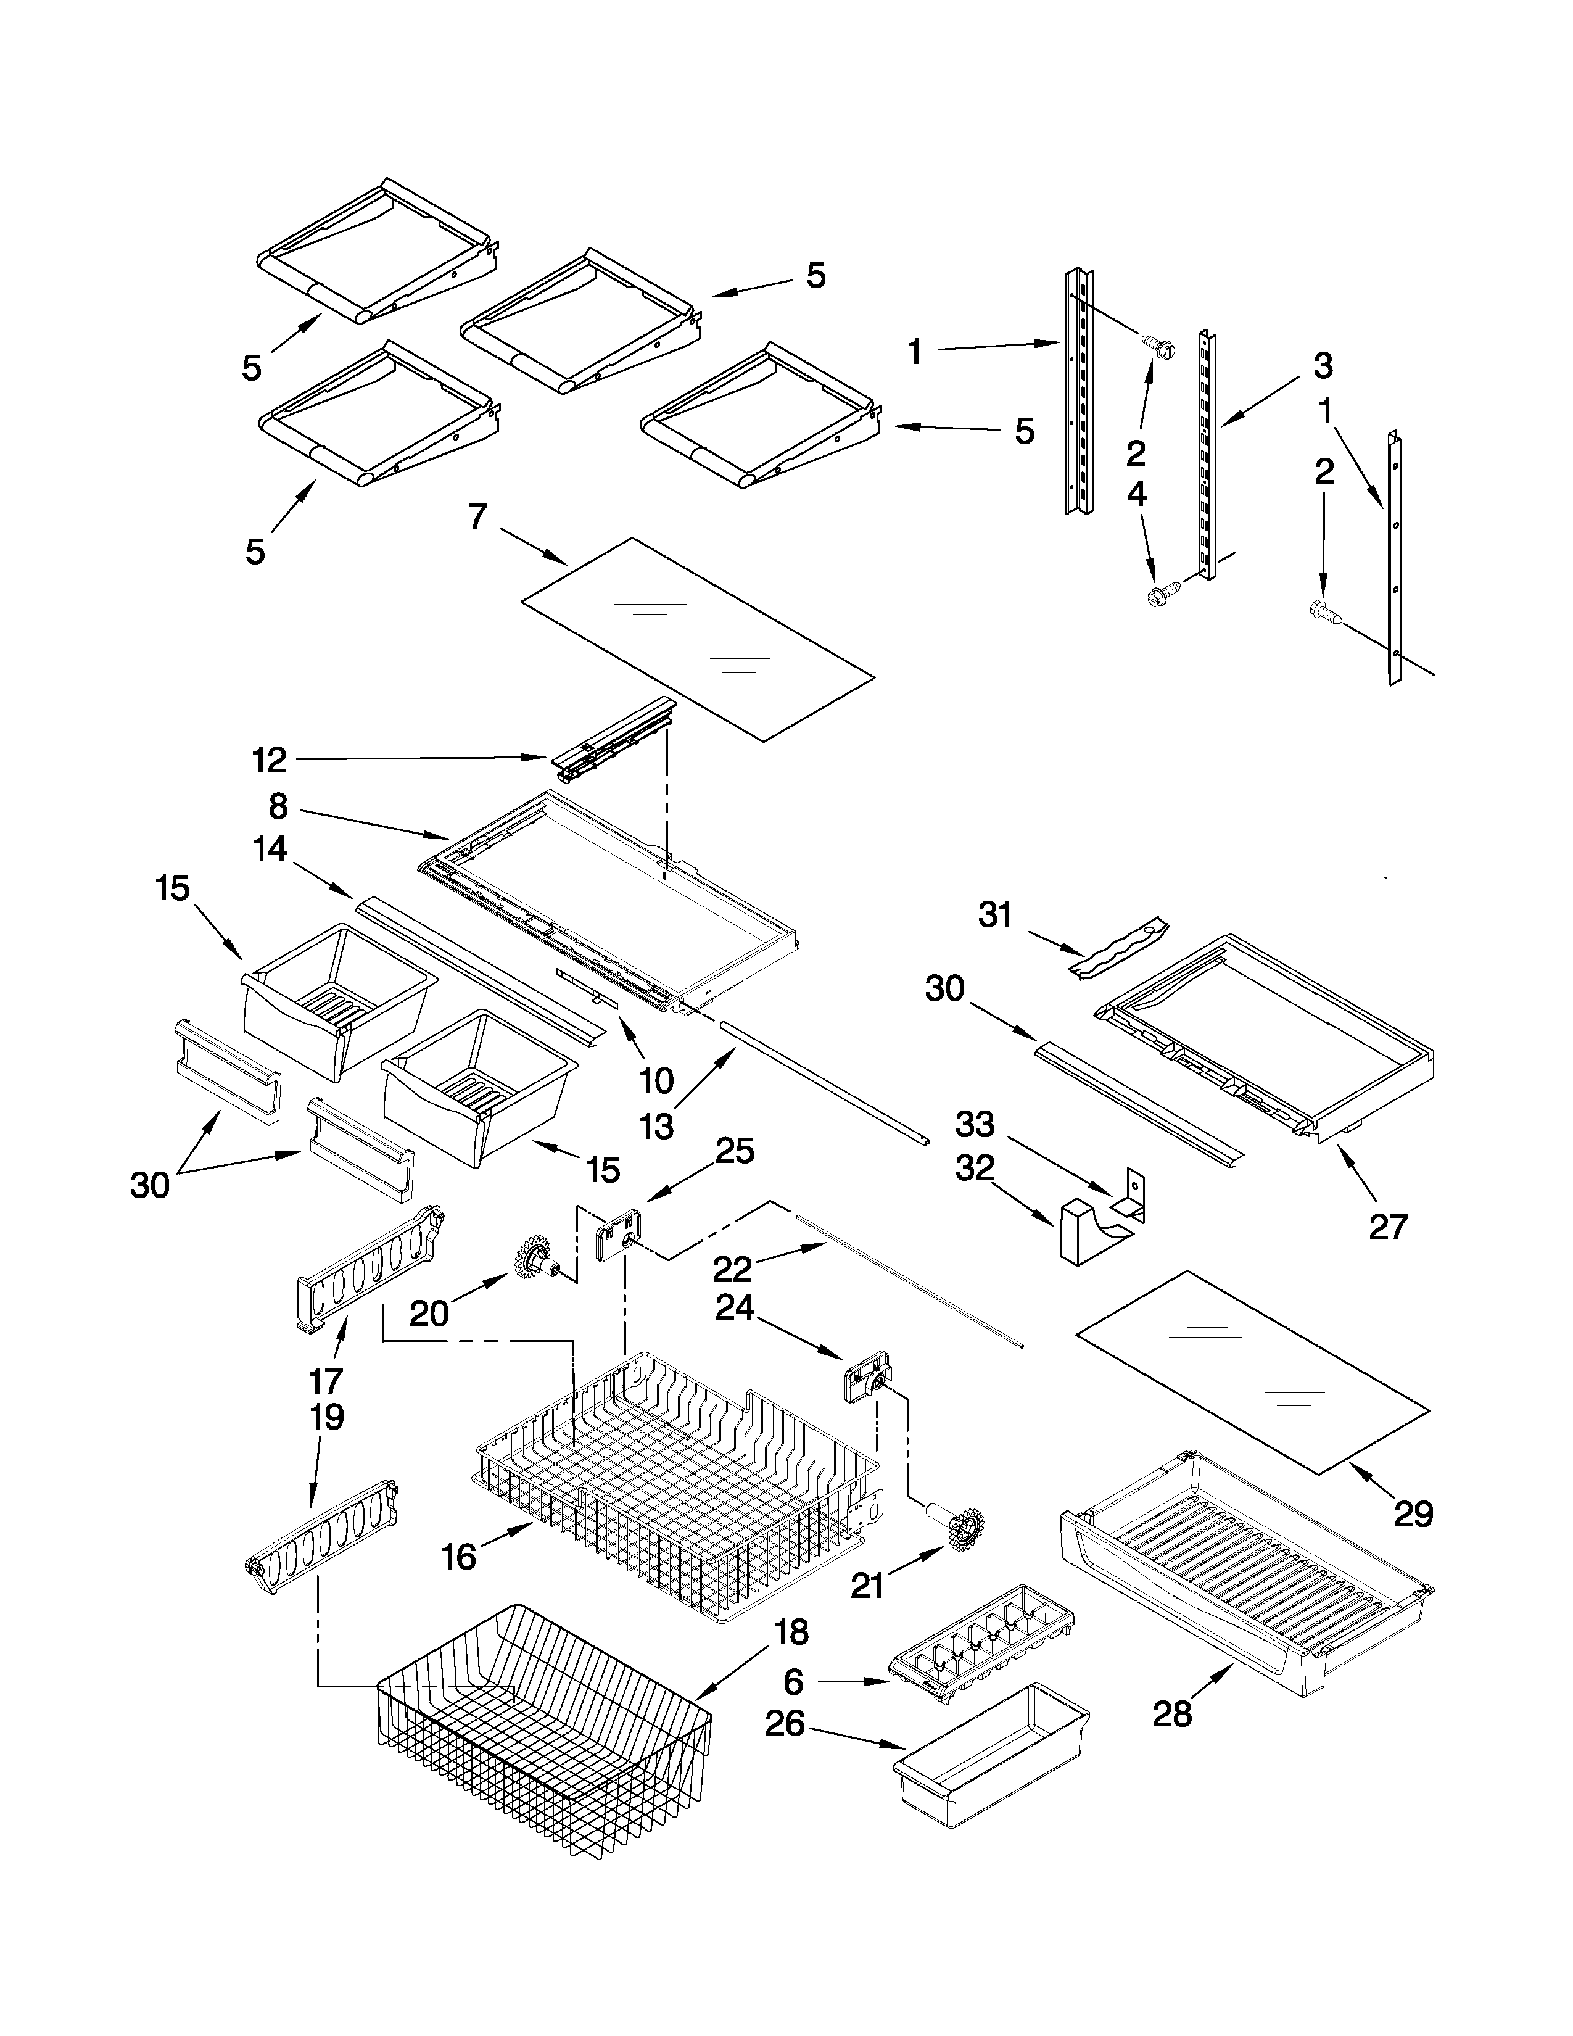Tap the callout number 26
coord(785,1724)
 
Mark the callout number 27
coord(1387,1227)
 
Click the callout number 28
coord(1172,1713)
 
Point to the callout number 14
coord(270,848)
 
